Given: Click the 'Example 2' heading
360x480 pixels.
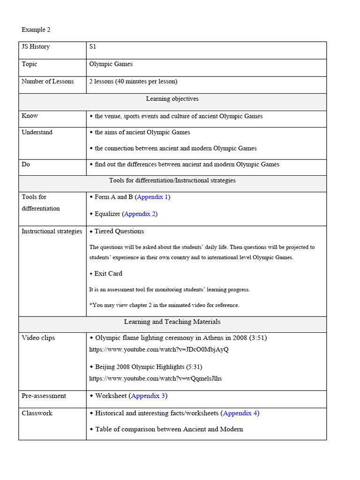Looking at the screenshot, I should (x=36, y=30).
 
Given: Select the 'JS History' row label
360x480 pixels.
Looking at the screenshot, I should (x=35, y=46).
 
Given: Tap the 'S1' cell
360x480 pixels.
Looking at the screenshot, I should (x=93, y=46).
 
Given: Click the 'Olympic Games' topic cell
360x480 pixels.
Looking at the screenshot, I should (x=111, y=64).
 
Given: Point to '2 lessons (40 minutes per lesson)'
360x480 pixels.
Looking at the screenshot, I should (x=133, y=81).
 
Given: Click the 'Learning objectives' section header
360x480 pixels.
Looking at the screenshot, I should (x=172, y=98).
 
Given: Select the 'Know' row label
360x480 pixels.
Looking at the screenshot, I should (x=30, y=116).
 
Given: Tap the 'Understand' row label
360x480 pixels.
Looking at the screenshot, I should (x=37, y=132).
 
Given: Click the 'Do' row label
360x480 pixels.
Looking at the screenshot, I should (x=26, y=164).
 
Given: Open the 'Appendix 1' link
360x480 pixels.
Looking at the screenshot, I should (x=152, y=197).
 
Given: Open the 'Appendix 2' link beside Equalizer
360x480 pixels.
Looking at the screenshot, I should (x=140, y=214).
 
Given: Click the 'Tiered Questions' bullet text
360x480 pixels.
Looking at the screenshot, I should (x=119, y=231).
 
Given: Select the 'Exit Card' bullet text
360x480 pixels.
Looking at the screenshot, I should (x=108, y=273).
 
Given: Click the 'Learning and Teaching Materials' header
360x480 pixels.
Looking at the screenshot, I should (x=172, y=322).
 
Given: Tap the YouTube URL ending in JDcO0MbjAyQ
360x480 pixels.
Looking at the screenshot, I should (x=159, y=349).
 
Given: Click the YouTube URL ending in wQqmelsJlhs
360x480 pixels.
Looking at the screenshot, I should (x=156, y=378).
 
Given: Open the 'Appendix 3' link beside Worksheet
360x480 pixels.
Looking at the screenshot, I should (x=148, y=396).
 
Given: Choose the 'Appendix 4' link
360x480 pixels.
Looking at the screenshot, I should (x=240, y=413).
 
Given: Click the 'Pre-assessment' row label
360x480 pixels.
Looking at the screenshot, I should (x=44, y=396).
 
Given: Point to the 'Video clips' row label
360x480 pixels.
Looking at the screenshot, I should (x=38, y=337).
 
